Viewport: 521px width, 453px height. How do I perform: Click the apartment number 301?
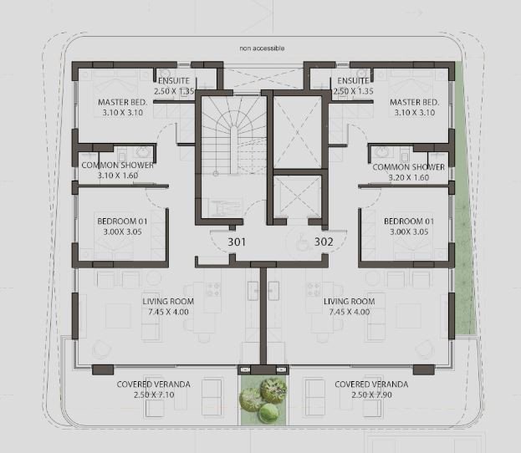(x=237, y=242)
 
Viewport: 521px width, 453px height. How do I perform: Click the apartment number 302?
(x=324, y=242)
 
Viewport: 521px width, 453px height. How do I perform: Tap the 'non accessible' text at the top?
(x=262, y=48)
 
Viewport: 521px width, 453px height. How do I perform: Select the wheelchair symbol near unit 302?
(x=302, y=242)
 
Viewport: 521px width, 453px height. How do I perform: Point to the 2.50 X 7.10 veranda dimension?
(x=154, y=394)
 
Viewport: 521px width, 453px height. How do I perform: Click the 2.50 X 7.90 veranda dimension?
(x=371, y=394)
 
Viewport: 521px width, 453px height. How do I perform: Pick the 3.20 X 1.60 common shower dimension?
(x=409, y=177)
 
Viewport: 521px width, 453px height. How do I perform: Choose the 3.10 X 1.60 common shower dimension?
(x=118, y=176)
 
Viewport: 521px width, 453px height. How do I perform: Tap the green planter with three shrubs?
(x=263, y=400)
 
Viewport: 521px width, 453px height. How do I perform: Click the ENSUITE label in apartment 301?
(x=174, y=81)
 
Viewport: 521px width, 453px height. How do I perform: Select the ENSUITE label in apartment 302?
(x=353, y=81)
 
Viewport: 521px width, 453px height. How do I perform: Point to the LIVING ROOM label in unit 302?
(x=350, y=301)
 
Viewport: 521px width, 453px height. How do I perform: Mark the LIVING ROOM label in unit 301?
(x=168, y=301)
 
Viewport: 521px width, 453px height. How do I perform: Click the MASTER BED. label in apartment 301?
(x=123, y=102)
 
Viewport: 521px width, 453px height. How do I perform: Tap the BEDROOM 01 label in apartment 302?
(x=409, y=221)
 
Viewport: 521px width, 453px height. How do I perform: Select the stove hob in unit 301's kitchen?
(x=212, y=289)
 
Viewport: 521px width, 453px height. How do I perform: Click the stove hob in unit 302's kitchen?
(x=314, y=289)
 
